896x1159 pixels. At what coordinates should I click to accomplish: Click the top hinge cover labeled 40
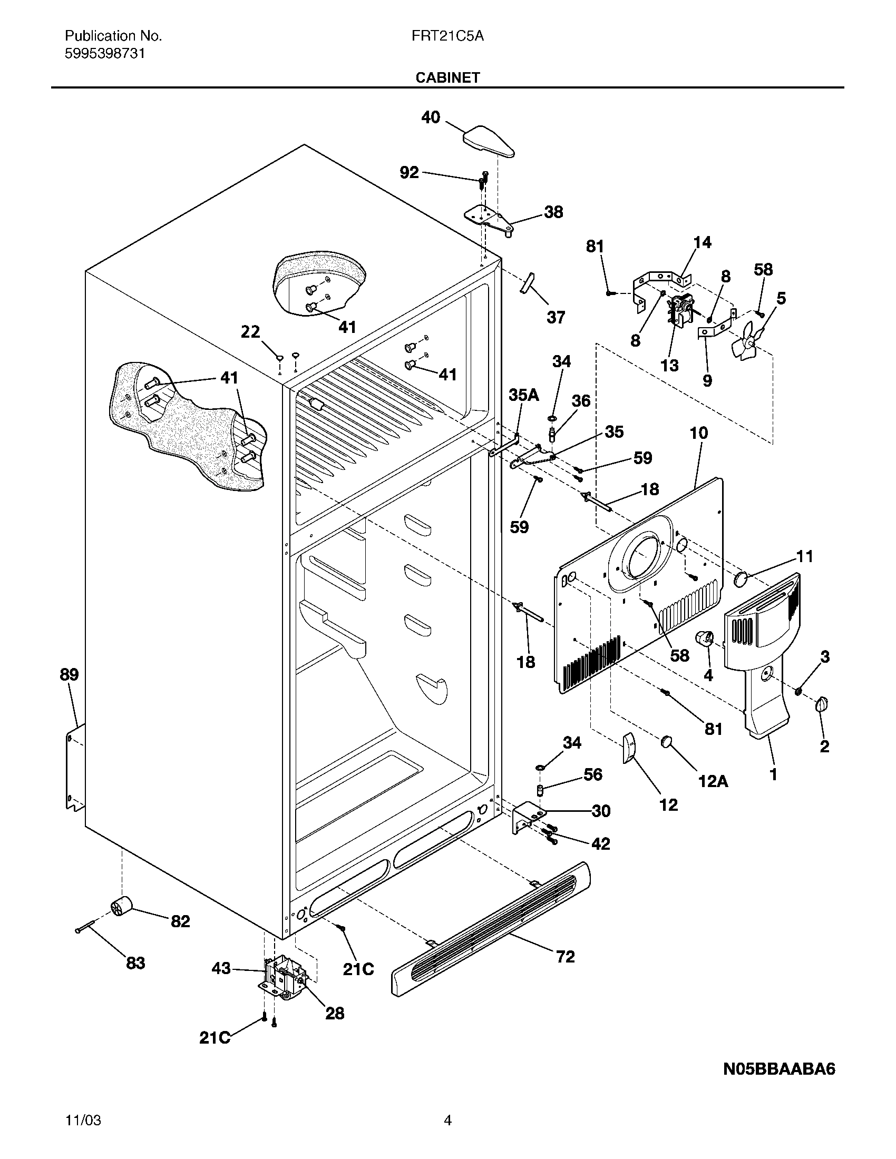[489, 141]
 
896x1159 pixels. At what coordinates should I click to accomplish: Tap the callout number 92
[409, 173]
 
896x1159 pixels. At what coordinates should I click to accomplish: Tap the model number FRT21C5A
[447, 36]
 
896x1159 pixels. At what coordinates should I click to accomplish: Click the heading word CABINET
[447, 77]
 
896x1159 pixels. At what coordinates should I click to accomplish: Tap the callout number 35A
[523, 395]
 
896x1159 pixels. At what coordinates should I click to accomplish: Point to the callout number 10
[698, 433]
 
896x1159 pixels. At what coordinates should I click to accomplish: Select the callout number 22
[250, 332]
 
